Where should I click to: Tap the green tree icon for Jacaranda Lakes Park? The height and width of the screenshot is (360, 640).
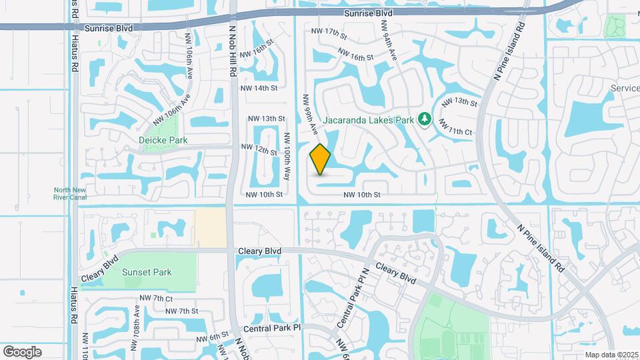point(425,119)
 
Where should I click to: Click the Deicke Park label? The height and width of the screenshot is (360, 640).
point(163,141)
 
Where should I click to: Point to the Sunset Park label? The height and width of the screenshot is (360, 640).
point(147,272)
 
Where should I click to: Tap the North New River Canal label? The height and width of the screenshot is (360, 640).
point(69,193)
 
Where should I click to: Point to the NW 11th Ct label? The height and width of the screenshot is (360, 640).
point(456,131)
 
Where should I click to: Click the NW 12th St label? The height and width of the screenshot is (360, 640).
point(259,147)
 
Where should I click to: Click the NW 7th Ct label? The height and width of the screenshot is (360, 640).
point(156,298)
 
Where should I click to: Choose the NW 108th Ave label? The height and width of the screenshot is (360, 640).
point(136,323)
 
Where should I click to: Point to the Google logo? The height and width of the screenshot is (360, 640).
point(22,352)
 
